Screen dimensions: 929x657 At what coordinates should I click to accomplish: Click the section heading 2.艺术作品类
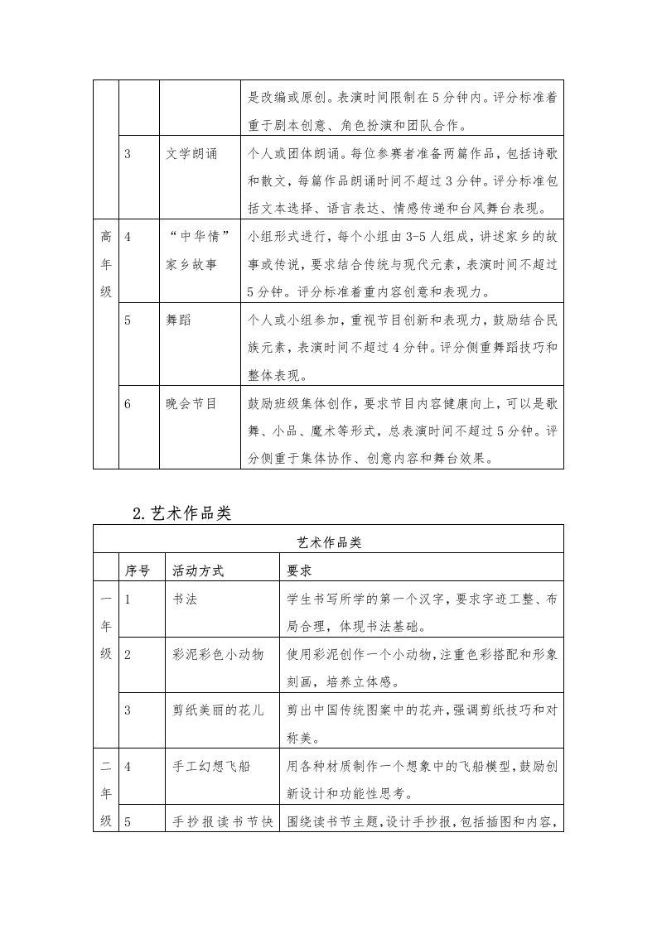pos(181,513)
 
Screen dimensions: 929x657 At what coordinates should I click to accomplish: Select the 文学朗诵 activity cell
pos(192,155)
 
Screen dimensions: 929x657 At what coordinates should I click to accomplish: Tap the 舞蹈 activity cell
pos(178,320)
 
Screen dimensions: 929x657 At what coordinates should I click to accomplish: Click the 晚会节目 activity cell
pos(191,404)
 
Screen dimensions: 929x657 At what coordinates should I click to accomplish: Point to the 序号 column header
pos(138,570)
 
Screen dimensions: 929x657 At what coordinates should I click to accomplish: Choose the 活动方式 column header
pos(198,570)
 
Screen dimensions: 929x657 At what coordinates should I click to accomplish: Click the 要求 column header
pos(299,570)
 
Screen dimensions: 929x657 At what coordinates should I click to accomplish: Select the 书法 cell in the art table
pos(185,599)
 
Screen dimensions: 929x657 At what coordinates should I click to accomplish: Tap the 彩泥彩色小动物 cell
pos(218,654)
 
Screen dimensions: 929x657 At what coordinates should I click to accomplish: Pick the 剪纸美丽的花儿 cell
pos(218,710)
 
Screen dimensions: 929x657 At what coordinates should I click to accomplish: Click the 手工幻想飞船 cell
pos(211,766)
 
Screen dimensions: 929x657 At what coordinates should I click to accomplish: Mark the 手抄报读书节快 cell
pos(222,822)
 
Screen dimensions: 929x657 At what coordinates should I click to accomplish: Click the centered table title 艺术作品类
pos(329,542)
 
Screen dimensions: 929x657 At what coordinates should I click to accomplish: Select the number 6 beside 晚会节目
pos(128,404)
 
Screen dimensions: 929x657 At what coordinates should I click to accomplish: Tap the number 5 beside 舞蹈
pos(128,320)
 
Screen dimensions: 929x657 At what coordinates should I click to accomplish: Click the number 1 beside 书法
pos(128,599)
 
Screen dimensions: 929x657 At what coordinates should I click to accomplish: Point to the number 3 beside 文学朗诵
pos(128,155)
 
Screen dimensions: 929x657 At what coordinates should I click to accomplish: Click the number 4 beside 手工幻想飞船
pos(128,766)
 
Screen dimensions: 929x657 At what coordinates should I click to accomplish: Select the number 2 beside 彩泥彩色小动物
pos(128,654)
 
